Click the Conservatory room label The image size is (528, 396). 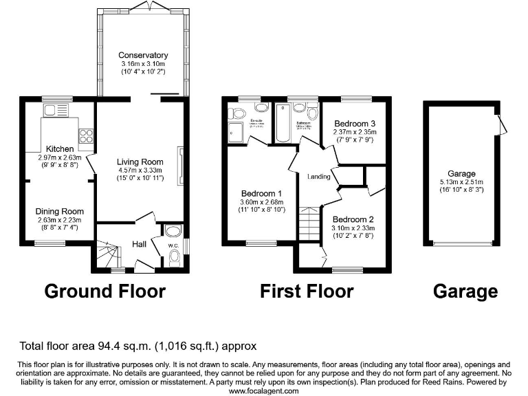[143, 55]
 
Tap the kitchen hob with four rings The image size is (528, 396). [87, 135]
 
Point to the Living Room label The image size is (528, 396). [139, 162]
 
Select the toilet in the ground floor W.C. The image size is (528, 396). [173, 258]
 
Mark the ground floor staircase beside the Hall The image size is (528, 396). [107, 254]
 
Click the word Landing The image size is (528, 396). [318, 177]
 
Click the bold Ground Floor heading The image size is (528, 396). [104, 291]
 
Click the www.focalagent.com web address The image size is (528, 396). [263, 390]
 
